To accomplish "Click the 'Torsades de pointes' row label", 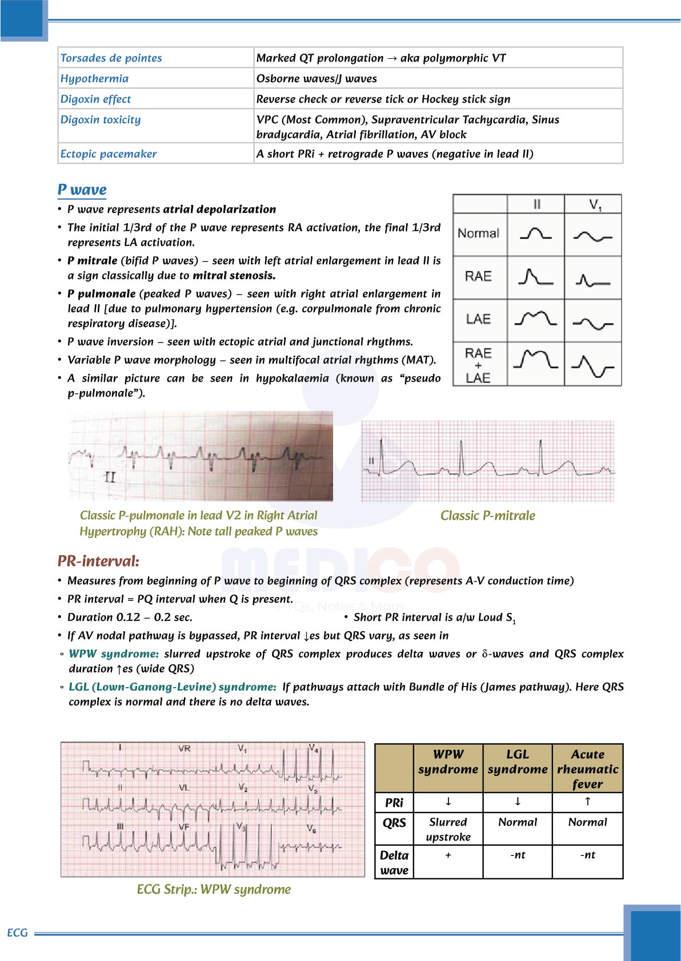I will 111,58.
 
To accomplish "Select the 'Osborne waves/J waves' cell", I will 317,78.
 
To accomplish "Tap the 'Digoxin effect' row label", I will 95,99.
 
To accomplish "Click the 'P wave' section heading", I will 82,189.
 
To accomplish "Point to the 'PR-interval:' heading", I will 98,561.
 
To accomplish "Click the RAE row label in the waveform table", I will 478,276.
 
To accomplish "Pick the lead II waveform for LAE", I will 535,318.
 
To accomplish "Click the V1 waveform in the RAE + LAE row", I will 592,365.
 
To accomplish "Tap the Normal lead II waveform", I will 535,233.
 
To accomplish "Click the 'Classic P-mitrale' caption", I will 487,515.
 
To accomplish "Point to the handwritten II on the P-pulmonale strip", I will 110,477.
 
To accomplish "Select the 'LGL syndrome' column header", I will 518,762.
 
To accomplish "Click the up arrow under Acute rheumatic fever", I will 587,801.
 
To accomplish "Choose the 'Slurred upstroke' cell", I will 448,829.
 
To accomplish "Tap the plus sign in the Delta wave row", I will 448,855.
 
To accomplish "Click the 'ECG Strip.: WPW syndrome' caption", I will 214,889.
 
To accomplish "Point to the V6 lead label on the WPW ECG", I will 311,828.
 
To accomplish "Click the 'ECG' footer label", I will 17,932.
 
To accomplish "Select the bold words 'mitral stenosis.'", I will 234,276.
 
